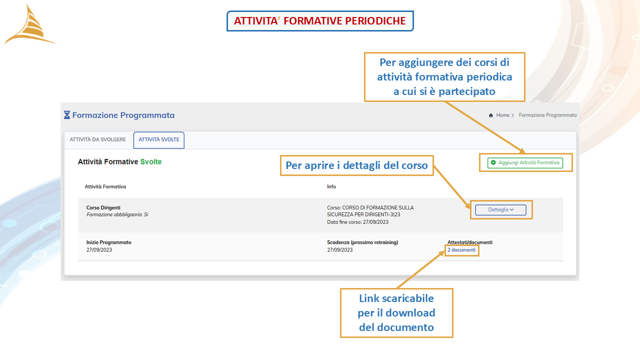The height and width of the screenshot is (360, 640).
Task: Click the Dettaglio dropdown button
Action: point(500,209)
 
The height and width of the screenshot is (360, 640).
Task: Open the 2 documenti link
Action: point(461,250)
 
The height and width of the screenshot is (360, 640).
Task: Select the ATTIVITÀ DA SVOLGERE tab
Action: point(97,139)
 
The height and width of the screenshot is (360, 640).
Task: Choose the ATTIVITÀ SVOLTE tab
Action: point(159,139)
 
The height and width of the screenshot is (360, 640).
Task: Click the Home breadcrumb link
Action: point(502,115)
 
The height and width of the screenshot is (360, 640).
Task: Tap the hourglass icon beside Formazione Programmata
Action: point(67,115)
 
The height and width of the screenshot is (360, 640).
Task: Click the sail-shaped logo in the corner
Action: point(30,25)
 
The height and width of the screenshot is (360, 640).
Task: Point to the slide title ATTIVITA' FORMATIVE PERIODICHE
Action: point(320,21)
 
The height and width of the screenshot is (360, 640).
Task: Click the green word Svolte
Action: point(151,161)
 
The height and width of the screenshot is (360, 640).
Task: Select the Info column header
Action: point(331,186)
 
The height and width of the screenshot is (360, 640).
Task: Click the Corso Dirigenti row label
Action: point(103,207)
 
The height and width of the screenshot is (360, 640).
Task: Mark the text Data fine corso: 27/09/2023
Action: point(357,222)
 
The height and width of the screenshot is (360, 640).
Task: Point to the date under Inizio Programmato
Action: point(99,250)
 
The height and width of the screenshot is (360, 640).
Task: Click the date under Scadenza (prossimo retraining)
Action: point(339,250)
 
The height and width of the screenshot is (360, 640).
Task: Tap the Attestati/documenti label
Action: point(469,242)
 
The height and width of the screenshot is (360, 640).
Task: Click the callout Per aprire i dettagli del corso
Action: point(357,165)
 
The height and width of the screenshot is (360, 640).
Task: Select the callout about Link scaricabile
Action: point(396,313)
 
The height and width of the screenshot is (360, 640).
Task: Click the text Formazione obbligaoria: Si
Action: point(117,214)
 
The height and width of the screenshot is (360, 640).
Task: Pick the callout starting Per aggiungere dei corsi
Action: point(444,77)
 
